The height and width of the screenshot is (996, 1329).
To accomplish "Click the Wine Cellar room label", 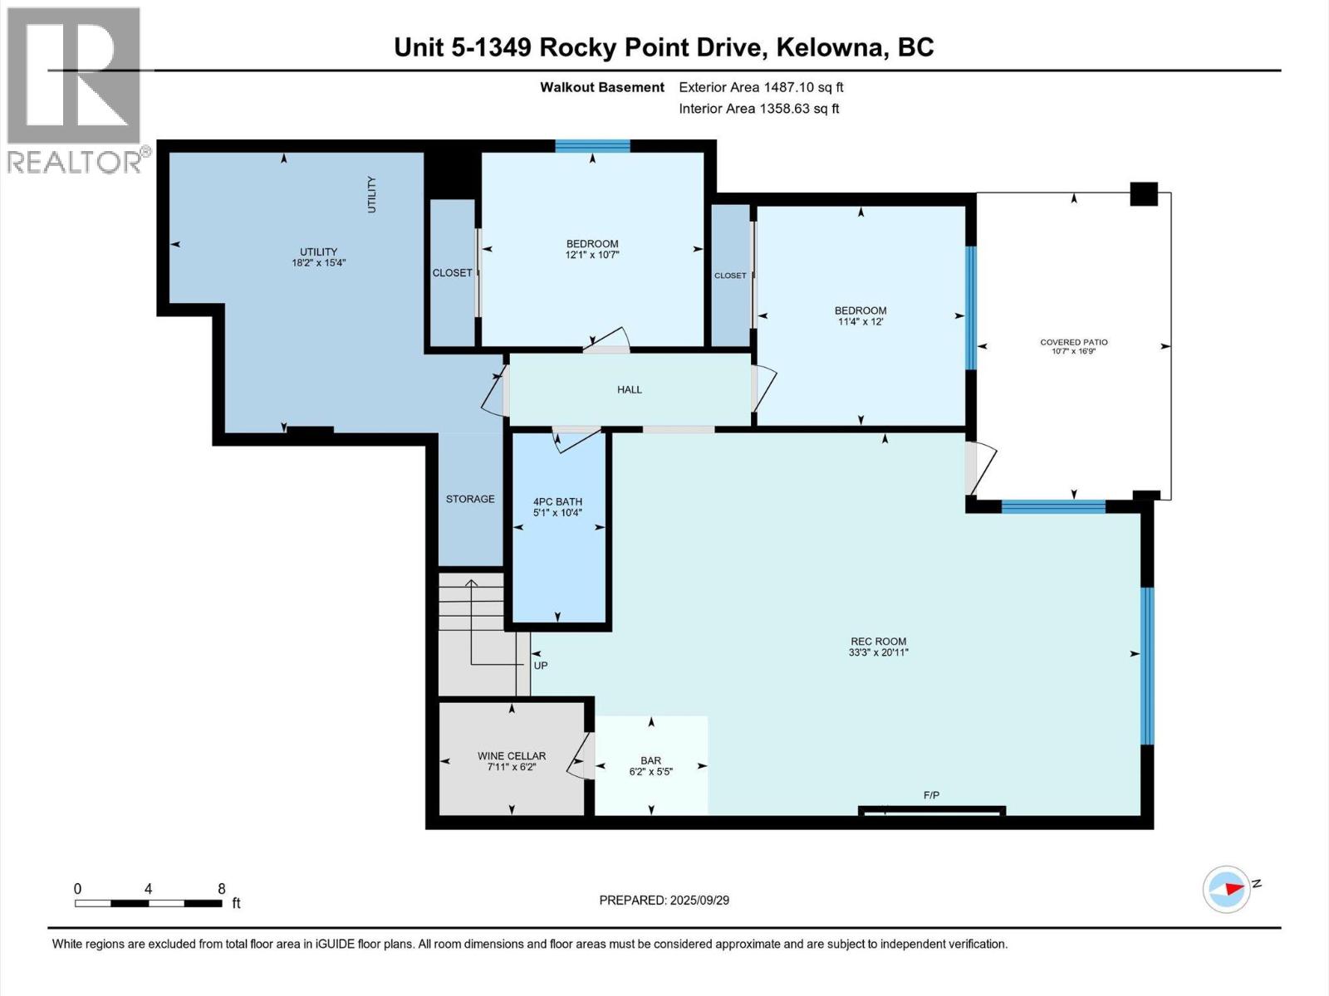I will point(512,755).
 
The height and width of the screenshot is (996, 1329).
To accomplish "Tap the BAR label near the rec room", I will point(650,760).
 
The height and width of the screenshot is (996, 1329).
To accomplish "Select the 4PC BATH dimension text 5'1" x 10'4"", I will point(557,513).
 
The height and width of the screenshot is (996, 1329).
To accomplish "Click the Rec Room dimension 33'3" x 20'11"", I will point(878,652).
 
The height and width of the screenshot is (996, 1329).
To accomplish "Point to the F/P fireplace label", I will point(931,795).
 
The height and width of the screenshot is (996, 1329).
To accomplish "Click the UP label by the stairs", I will point(541,666).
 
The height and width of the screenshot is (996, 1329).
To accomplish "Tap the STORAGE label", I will point(470,499).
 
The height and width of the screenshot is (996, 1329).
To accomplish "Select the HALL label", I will point(629,389).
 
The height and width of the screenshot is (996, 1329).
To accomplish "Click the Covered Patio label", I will point(1073,342).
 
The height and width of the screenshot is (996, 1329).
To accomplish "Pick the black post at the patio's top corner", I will point(1144,193).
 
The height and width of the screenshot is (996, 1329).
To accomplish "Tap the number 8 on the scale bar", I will point(222,888).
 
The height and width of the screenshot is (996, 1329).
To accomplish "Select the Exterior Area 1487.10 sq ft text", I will point(761,87).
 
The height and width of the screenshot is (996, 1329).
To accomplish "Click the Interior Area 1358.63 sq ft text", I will point(758,109).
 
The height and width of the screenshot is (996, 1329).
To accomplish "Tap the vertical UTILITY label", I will point(371,194).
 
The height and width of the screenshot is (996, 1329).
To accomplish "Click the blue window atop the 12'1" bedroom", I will point(592,147).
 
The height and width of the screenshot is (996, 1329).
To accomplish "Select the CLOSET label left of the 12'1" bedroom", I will point(452,272).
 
